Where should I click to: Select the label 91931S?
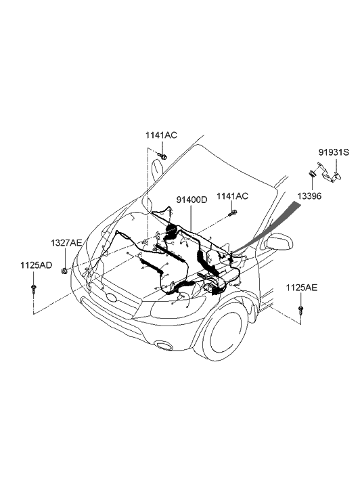[333, 152]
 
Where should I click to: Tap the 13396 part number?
[309, 196]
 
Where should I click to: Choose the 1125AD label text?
[35, 266]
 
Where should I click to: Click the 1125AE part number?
[301, 288]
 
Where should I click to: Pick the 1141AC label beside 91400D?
[232, 196]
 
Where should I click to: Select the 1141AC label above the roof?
[160, 135]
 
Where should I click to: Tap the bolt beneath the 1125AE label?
[300, 311]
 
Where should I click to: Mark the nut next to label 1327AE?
[63, 271]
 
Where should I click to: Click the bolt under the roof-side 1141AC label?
[162, 157]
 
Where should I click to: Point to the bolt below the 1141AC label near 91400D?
[233, 214]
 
